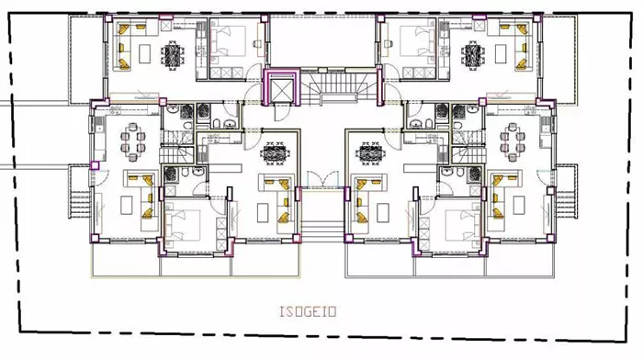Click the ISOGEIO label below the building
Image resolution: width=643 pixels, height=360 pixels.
click(308, 311)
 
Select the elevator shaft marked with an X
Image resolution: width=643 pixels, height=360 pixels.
click(281, 88)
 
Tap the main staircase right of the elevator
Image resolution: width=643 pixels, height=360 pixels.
click(339, 86)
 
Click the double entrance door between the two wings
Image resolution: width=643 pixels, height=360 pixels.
click(323, 179)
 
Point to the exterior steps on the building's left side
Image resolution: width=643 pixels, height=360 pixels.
click(79, 205)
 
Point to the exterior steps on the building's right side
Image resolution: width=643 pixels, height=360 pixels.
click(567, 205)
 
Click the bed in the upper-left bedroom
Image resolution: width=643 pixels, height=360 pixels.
click(228, 42)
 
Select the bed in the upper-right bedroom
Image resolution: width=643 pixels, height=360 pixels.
click(418, 42)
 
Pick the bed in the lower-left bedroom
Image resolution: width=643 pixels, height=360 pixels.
click(183, 225)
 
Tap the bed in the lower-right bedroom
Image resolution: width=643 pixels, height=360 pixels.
click(463, 225)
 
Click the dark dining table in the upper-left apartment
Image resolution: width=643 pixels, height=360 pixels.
click(173, 54)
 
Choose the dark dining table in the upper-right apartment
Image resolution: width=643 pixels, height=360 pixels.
click(472, 54)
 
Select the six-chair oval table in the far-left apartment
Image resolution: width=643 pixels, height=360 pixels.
click(133, 141)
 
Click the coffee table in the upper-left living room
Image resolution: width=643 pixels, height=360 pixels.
click(145, 53)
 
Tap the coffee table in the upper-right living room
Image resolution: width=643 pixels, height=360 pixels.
click(501, 53)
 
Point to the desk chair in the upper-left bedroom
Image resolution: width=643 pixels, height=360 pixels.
click(256, 43)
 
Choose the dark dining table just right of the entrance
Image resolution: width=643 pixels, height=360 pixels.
click(371, 152)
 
